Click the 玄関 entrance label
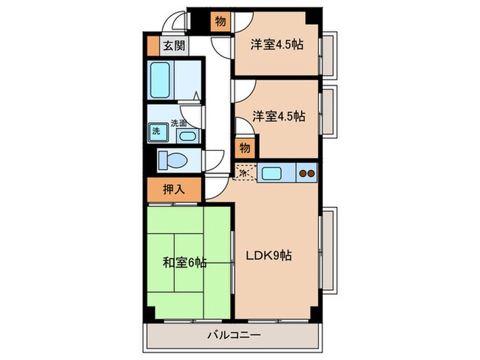click(173, 46)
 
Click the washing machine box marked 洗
click(156, 130)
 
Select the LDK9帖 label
click(269, 256)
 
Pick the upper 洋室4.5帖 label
click(277, 45)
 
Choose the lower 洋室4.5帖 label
click(277, 116)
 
